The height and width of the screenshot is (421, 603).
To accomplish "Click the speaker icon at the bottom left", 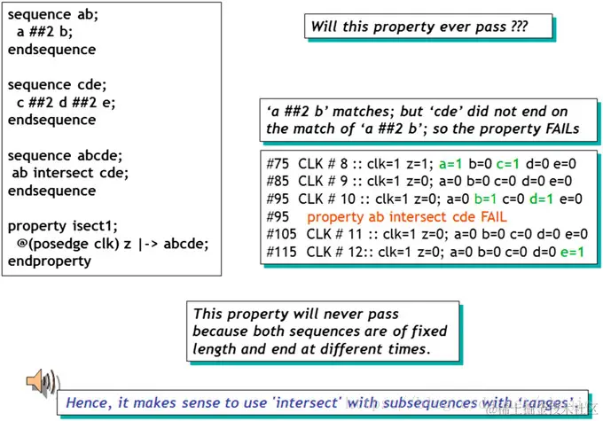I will (x=41, y=382).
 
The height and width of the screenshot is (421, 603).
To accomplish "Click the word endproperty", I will (x=50, y=261).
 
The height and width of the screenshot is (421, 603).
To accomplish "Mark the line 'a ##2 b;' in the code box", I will (x=47, y=33).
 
